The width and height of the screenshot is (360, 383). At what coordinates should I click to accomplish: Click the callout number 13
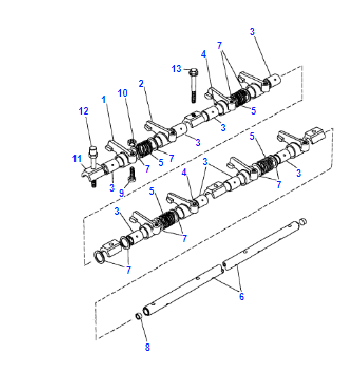click(x=176, y=69)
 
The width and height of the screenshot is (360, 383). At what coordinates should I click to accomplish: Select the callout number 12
click(x=84, y=111)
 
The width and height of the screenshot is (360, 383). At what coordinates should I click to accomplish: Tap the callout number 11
click(x=77, y=159)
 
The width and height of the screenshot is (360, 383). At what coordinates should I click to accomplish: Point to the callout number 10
click(x=123, y=93)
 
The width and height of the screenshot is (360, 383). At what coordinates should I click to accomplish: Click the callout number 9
click(x=122, y=193)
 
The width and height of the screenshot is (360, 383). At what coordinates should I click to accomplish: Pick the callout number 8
click(x=147, y=347)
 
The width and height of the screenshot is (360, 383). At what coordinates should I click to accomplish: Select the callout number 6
click(x=241, y=296)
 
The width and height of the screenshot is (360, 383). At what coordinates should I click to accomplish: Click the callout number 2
click(x=141, y=84)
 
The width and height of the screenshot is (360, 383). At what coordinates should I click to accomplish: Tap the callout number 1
click(x=104, y=100)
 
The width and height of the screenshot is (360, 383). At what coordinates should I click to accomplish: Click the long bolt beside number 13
click(x=194, y=85)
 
